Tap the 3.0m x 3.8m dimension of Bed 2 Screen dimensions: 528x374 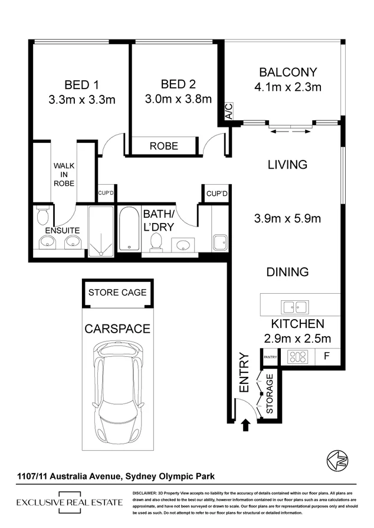click(178, 99)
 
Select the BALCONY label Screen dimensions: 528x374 click(288, 73)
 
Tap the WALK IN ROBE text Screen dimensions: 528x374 click(64, 175)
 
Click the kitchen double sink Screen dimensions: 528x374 click(294, 307)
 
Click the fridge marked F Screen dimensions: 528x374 click(326, 357)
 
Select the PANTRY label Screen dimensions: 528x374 click(270, 357)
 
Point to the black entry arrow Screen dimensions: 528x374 click(245, 424)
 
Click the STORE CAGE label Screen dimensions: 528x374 click(117, 293)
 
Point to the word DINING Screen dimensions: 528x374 click(287, 272)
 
